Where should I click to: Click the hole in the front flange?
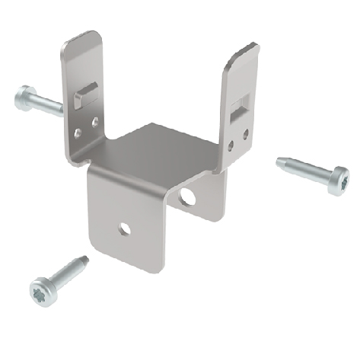(122, 228)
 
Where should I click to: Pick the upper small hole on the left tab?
(94, 120)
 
